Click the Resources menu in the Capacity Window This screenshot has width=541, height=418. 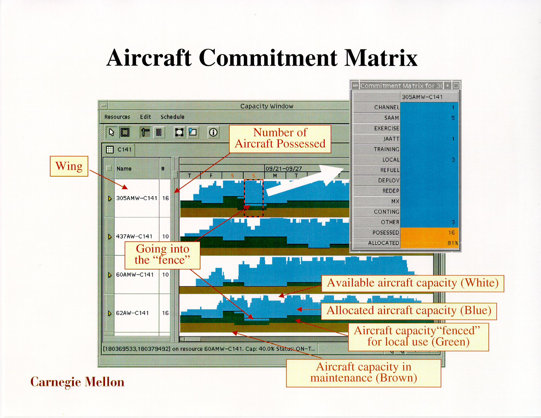pyautogui.click(x=117, y=117)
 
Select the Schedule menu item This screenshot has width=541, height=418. pyautogui.click(x=172, y=117)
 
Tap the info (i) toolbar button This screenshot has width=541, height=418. pyautogui.click(x=213, y=132)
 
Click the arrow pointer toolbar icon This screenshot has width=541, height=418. pyautogui.click(x=111, y=132)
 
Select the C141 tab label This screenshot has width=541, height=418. pyautogui.click(x=124, y=149)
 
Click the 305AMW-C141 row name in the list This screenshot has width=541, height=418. pyautogui.click(x=137, y=198)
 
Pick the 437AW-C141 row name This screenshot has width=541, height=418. pyautogui.click(x=134, y=236)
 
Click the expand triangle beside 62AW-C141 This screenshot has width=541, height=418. pyautogui.click(x=110, y=313)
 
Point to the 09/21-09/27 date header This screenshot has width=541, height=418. pyautogui.click(x=284, y=169)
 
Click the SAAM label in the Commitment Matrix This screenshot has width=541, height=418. pyautogui.click(x=392, y=118)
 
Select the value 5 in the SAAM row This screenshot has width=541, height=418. pyautogui.click(x=453, y=118)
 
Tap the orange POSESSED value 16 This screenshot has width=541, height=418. pyautogui.click(x=451, y=232)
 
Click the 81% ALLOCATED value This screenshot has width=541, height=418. pyautogui.click(x=452, y=243)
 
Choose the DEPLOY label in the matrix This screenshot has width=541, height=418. pyautogui.click(x=389, y=180)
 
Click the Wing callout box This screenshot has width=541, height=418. pyautogui.click(x=69, y=166)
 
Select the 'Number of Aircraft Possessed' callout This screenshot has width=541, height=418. pyautogui.click(x=280, y=139)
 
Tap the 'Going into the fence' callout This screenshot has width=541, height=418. pyautogui.click(x=162, y=255)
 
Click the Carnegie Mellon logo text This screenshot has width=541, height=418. pyautogui.click(x=77, y=382)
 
